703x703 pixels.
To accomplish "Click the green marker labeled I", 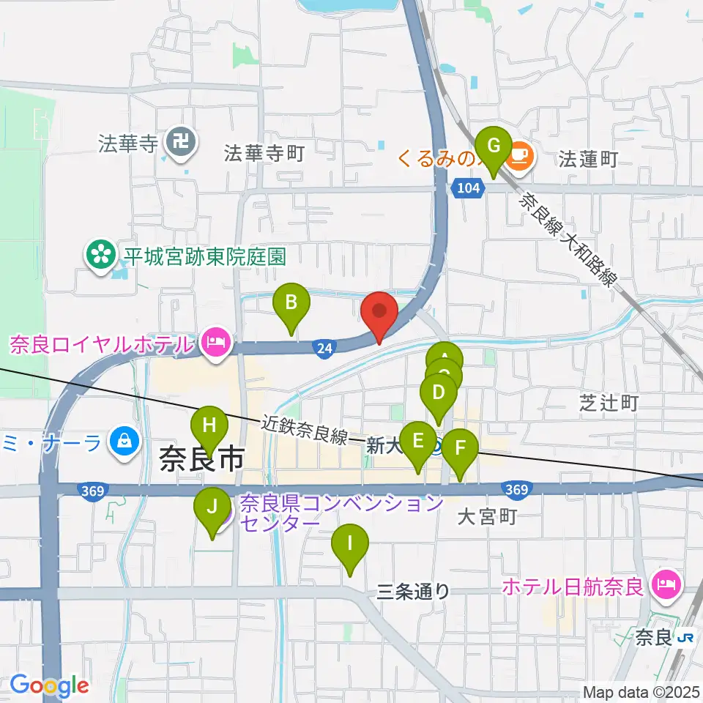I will pyautogui.click(x=350, y=546).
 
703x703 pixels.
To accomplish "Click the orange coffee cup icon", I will pyautogui.click(x=519, y=155).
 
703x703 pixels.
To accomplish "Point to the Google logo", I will pyautogui.click(x=49, y=685).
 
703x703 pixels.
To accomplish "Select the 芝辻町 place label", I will pyautogui.click(x=609, y=402).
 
